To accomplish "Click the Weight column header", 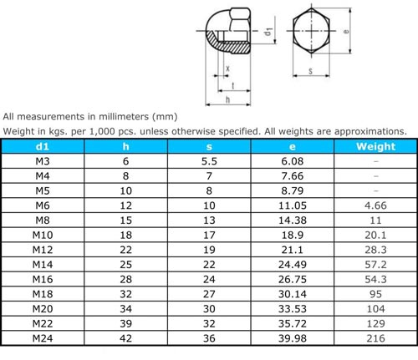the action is click(375, 146).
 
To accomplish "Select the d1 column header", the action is click(43, 146).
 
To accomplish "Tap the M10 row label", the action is click(43, 235).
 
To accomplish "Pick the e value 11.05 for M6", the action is click(293, 205).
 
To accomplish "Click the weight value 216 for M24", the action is click(375, 338).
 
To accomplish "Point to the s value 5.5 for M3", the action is click(209, 161).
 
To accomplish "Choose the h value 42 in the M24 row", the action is click(125, 338).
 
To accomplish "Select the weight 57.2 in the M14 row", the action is click(375, 265).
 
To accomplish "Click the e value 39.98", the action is click(293, 338).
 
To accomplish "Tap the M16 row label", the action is click(43, 279).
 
